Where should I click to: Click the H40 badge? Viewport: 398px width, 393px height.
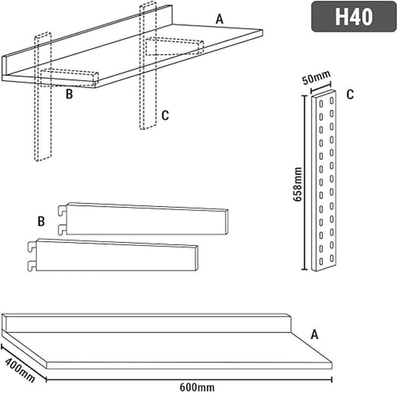pyautogui.click(x=354, y=16)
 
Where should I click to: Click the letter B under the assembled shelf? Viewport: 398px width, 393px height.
pyautogui.click(x=69, y=94)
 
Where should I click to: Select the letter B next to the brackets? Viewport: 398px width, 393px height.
pyautogui.click(x=41, y=222)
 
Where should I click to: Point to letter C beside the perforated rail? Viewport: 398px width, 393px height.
pyautogui.click(x=350, y=95)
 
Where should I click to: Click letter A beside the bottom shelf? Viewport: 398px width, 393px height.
pyautogui.click(x=314, y=335)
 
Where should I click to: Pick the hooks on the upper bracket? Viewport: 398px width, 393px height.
pyautogui.click(x=62, y=219)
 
